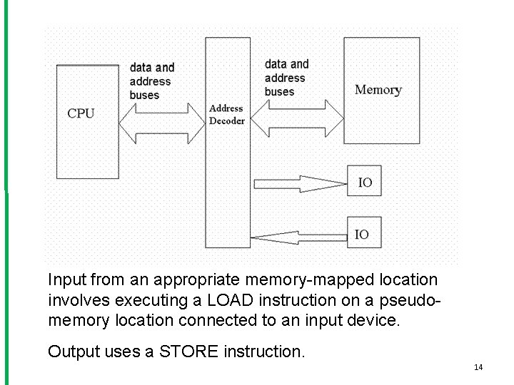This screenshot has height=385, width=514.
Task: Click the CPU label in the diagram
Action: (81, 113)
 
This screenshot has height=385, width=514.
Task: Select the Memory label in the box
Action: (378, 90)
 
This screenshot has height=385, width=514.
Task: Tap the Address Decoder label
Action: (226, 115)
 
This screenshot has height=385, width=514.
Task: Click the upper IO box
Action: (364, 183)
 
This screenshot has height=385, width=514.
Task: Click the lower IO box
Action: (363, 234)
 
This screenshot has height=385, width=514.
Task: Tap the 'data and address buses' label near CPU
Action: (151, 81)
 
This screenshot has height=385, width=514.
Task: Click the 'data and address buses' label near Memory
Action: (286, 78)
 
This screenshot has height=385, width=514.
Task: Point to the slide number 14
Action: (478, 367)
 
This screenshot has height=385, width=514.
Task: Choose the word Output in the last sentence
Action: (72, 351)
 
